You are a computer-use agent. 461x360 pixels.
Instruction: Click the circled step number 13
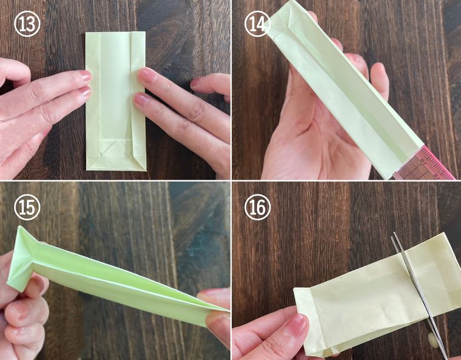tap(27, 24)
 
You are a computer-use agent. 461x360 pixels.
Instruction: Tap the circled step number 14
tap(257, 24)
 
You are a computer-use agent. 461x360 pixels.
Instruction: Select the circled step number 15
tap(27, 207)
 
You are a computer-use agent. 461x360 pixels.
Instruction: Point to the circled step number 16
tap(257, 207)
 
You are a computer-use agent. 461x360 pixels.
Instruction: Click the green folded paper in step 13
tap(115, 101)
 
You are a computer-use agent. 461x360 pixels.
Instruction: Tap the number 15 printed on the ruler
tap(423, 161)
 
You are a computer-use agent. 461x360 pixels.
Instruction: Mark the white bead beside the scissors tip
tap(432, 338)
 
